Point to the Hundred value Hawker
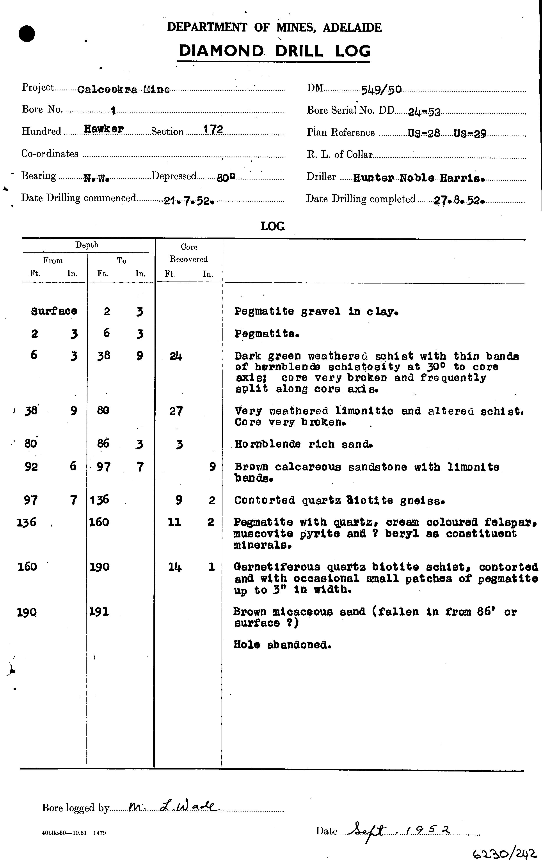click(104, 129)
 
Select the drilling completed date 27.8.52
click(459, 201)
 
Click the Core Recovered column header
click(189, 253)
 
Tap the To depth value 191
click(99, 612)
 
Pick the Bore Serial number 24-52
click(424, 112)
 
